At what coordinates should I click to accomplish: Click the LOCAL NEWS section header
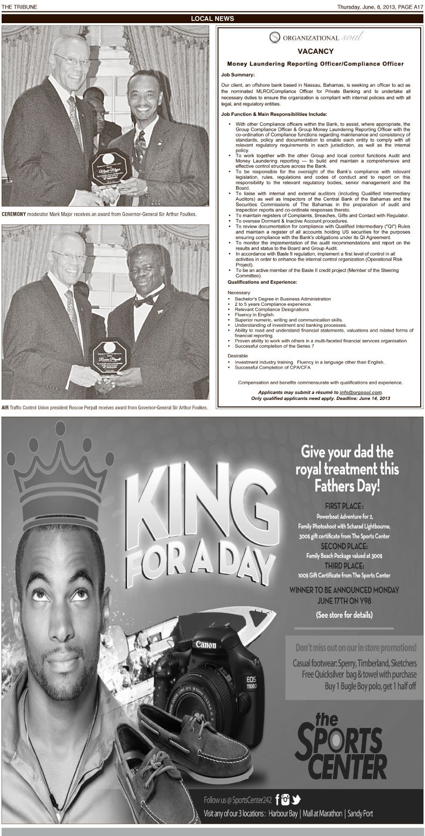pyautogui.click(x=212, y=19)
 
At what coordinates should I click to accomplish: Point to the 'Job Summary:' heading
pyautogui.click(x=238, y=74)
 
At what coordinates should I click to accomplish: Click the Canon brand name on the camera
pyautogui.click(x=206, y=644)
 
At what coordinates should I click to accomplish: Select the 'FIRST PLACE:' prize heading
pyautogui.click(x=344, y=507)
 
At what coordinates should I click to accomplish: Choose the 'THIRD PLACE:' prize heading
pyautogui.click(x=344, y=566)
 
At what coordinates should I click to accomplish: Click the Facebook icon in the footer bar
pyautogui.click(x=278, y=799)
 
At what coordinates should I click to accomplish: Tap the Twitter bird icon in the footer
pyautogui.click(x=296, y=799)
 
